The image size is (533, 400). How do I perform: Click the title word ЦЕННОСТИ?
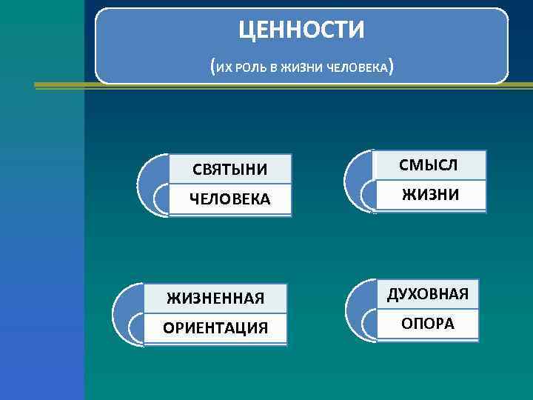[301, 30]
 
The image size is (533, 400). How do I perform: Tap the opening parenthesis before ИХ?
[213, 68]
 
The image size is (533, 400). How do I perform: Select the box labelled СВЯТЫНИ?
[230, 170]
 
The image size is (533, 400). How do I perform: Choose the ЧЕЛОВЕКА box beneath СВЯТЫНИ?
[230, 200]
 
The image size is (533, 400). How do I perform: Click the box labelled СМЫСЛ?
[429, 165]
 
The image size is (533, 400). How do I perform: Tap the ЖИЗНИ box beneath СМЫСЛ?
[430, 195]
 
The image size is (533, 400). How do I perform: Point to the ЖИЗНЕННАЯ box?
[215, 299]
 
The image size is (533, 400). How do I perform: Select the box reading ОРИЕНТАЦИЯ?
[215, 327]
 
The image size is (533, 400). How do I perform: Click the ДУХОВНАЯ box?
[427, 294]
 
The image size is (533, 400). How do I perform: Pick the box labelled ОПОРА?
[427, 324]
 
